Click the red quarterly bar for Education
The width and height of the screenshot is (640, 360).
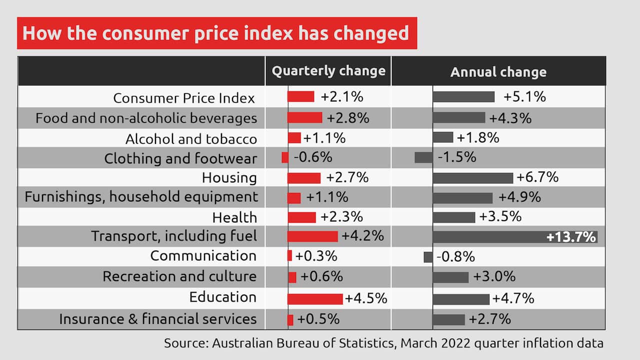315,299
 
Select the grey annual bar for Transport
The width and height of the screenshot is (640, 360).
487,237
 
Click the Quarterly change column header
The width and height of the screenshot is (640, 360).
328,71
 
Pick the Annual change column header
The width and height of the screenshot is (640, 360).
498,72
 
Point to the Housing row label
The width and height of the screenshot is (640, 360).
229,177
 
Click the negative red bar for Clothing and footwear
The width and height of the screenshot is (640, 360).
285,157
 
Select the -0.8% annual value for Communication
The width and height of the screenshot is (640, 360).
455,257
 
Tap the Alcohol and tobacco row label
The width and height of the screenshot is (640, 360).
191,138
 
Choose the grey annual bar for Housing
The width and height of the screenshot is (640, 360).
472,177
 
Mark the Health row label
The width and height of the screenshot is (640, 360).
234,217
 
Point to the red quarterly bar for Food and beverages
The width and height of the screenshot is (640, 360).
304,117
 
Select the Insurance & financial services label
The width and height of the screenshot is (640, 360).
157,319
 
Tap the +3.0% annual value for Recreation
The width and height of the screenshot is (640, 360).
494,276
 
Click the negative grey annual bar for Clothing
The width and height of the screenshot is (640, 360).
423,157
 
